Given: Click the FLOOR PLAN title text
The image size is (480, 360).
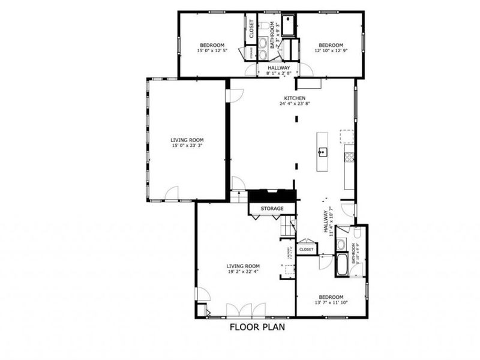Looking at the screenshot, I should point(257,328).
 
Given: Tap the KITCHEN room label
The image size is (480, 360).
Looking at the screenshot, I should point(295,98).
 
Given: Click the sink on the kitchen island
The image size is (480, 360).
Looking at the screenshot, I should point(322,152).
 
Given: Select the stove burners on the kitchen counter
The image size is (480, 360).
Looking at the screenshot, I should point(347,157).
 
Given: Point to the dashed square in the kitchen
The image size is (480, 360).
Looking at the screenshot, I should point(346,137).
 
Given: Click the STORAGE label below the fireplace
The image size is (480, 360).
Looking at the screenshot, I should point(272,209).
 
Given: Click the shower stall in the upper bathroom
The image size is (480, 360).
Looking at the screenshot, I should point(289,25).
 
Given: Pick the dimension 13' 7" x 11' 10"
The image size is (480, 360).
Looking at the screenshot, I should point(331,303).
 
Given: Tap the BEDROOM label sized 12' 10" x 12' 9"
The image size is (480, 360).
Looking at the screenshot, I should point(331,46).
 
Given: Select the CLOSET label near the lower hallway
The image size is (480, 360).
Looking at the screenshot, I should point(306,249).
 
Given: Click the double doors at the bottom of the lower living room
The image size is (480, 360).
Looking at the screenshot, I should point(245,310).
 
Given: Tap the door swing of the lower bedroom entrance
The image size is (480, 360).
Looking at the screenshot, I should point(325,261).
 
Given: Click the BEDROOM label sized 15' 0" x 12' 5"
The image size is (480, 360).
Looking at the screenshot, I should point(212,46).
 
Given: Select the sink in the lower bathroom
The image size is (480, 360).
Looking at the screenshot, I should point(340,245).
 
